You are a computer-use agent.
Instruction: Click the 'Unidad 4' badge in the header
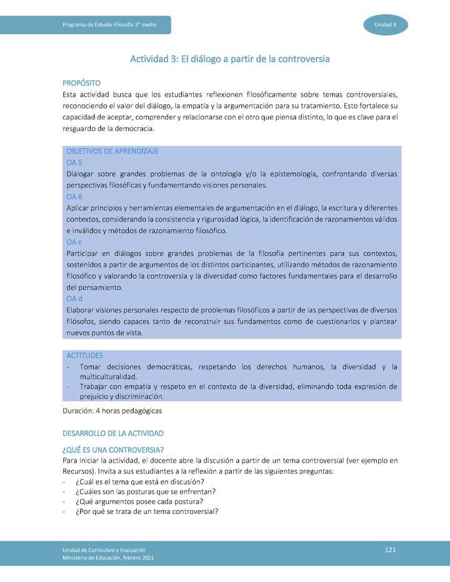coord(386,24)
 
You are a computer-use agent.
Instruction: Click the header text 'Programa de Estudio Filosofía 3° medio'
coord(109,24)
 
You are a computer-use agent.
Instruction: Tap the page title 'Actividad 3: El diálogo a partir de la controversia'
coord(229,59)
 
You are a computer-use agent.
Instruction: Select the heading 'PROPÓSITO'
coord(82,83)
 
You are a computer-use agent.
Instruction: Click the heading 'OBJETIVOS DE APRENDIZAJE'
coord(112,151)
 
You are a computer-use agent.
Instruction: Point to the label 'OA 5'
coord(74,162)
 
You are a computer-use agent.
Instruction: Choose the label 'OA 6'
coord(74,197)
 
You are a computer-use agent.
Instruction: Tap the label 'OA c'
coord(74,242)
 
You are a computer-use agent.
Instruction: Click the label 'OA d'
coord(74,298)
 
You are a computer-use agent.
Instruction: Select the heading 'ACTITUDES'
coord(84,355)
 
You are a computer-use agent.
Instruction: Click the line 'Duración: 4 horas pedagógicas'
coord(112,411)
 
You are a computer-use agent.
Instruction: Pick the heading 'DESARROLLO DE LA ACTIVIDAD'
coord(113,433)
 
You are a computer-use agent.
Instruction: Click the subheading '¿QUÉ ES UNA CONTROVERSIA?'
coord(113,450)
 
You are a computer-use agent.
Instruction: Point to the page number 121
coord(391,550)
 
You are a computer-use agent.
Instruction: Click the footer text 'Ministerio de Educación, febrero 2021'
coord(108,558)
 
